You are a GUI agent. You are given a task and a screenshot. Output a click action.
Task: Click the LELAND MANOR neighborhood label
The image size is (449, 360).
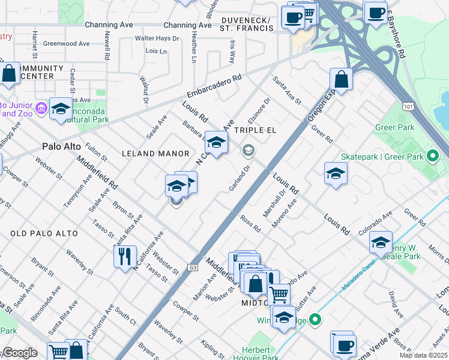click(155, 154)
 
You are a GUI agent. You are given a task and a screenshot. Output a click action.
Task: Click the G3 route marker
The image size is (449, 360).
click(193, 267)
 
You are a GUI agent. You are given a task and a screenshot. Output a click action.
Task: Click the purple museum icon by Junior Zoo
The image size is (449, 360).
click(41, 108)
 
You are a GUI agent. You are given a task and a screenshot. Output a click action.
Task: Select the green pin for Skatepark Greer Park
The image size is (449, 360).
click(433, 157)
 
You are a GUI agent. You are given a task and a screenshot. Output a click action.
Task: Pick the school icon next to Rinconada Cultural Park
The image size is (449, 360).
click(61, 109)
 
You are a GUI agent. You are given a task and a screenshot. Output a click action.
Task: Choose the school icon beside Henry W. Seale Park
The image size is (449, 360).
click(381, 242)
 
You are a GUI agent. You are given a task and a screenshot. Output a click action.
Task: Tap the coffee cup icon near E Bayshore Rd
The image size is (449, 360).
click(376, 12)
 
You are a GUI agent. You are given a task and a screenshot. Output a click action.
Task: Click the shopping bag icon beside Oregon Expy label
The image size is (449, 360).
click(341, 79)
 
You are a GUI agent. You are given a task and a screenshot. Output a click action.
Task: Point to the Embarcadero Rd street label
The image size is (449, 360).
click(214, 86)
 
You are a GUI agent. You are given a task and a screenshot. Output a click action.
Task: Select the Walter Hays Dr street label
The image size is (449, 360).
click(157, 38)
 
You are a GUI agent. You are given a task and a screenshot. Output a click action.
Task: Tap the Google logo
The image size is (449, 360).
click(20, 353)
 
